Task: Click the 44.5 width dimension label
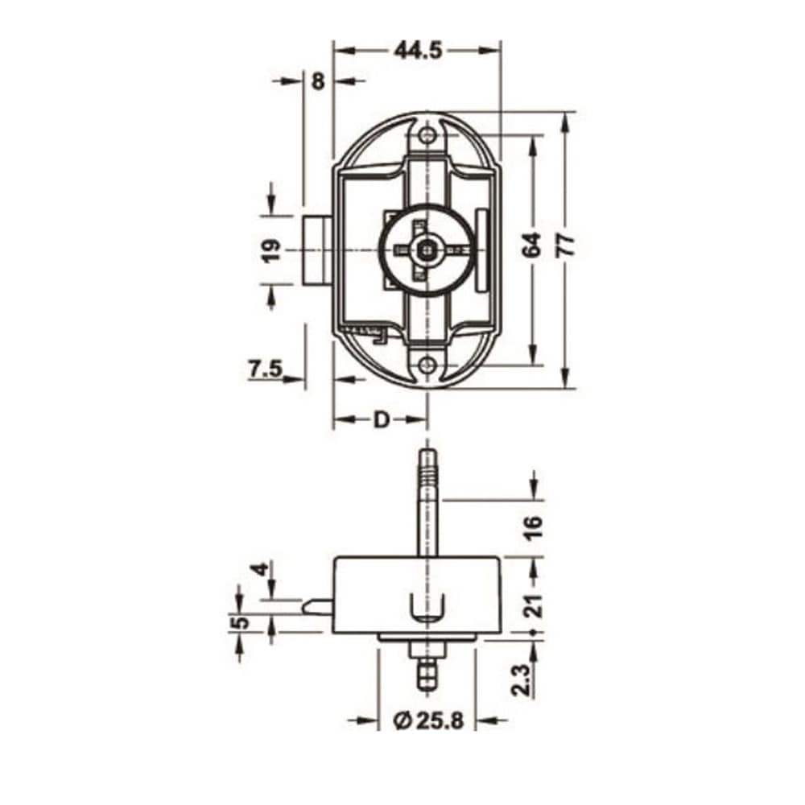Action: [418, 51]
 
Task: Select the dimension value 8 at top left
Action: [318, 81]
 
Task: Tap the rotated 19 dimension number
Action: [271, 250]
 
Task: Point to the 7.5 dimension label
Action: [266, 369]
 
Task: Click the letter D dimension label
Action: [381, 420]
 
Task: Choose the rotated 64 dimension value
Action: [532, 245]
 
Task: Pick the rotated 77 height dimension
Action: [566, 245]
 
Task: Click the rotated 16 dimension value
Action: [534, 527]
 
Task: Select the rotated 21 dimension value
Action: [535, 606]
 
